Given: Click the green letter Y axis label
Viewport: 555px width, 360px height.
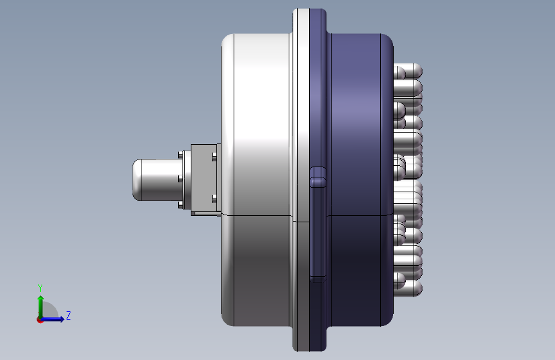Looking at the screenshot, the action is (x=40, y=288).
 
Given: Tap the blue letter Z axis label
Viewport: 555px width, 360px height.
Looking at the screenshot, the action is (x=68, y=315).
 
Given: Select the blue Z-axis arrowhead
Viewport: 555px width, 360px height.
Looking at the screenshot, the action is (x=61, y=319).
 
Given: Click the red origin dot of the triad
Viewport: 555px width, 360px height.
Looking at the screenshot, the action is (x=40, y=320).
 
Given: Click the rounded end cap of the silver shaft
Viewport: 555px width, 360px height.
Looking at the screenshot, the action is (x=137, y=179).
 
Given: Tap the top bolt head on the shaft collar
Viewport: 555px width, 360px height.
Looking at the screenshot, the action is (x=181, y=155).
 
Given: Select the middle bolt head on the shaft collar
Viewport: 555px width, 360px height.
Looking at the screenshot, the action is (x=181, y=178).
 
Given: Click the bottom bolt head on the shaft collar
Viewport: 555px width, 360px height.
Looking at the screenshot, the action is (x=181, y=204).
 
